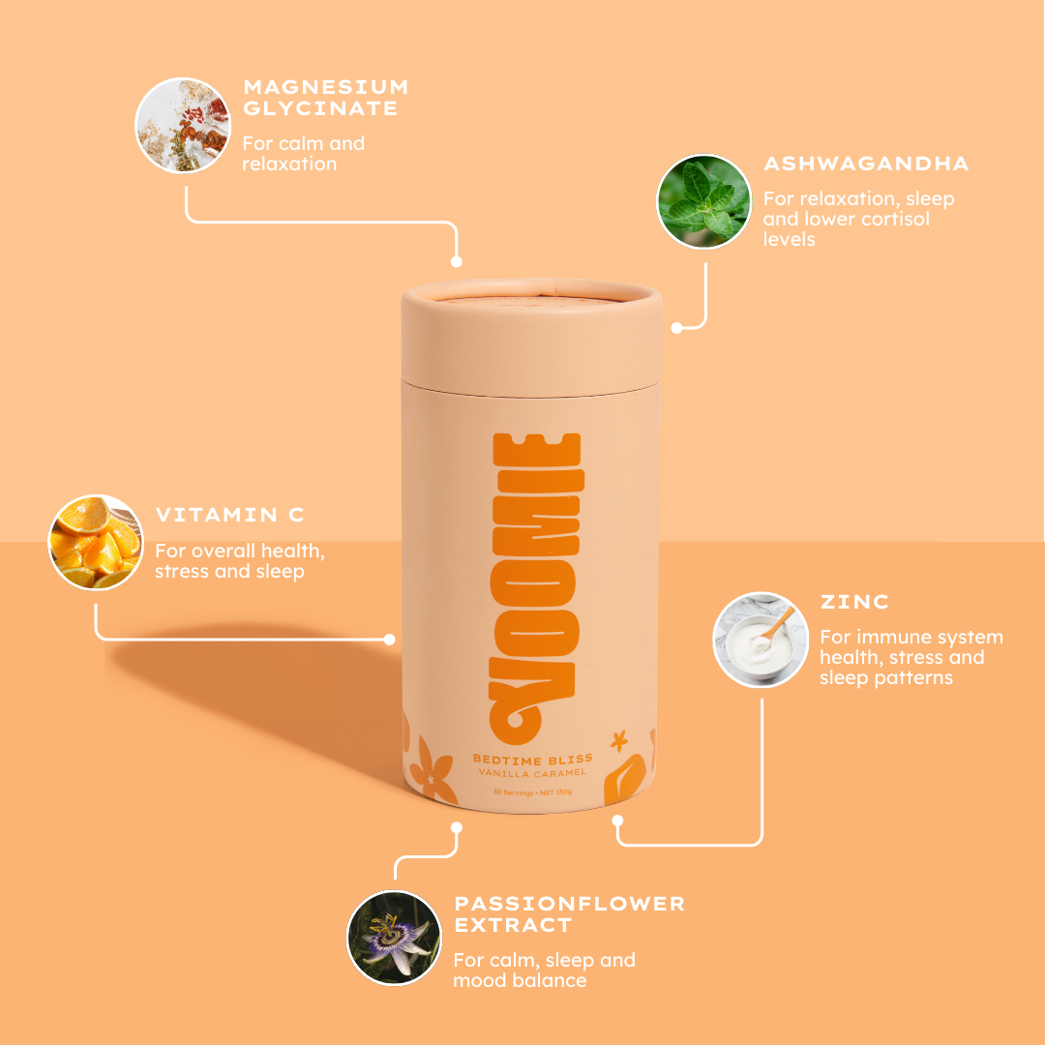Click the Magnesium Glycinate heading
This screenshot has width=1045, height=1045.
(325, 98)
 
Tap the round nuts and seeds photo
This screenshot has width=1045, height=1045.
(183, 125)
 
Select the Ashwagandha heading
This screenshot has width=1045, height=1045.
(866, 164)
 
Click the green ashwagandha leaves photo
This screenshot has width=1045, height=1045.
(703, 201)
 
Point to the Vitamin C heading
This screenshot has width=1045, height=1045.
(229, 515)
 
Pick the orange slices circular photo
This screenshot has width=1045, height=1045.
(96, 542)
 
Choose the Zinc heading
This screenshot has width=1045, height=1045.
(854, 602)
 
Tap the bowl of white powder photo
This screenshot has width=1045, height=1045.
(761, 640)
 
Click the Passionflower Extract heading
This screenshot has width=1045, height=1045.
(569, 914)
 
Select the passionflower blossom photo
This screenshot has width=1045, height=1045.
(394, 938)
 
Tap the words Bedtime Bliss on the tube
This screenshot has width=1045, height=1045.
(532, 760)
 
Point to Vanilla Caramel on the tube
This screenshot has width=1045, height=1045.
(532, 773)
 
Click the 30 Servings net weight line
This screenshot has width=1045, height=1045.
(532, 792)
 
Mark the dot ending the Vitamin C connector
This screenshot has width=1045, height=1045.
(390, 640)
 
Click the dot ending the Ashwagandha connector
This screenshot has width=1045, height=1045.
(676, 328)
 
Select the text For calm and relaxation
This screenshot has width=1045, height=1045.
(303, 153)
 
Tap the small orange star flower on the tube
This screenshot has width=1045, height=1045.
(619, 740)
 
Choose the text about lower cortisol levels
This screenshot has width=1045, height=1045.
(858, 219)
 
